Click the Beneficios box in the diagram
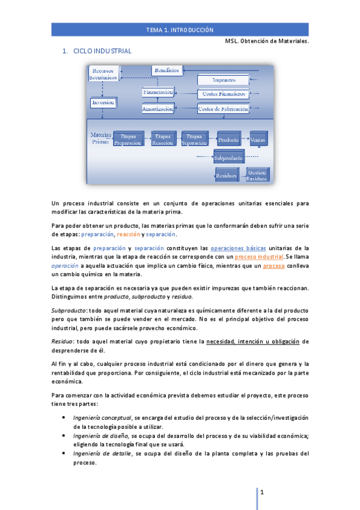pos(166,70)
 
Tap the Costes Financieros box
pos(223,94)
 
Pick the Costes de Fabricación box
pos(223,109)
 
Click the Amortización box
pos(158,109)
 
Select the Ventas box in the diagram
pos(258,140)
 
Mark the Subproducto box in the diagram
pos(228,158)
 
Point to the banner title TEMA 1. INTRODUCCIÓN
pos(180,29)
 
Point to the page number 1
pos(262,492)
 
